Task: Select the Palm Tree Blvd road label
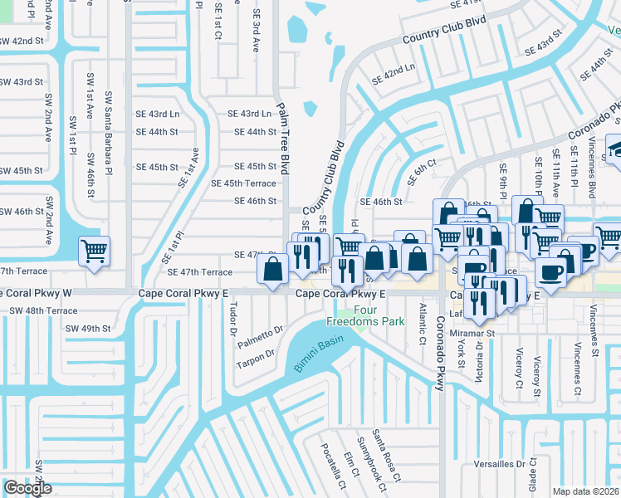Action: pyautogui.click(x=284, y=139)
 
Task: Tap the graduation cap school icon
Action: pyautogui.click(x=616, y=149)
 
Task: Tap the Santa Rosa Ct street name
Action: pyautogui.click(x=386, y=455)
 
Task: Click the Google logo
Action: pyautogui.click(x=27, y=488)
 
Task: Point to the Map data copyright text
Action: pyautogui.click(x=585, y=491)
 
